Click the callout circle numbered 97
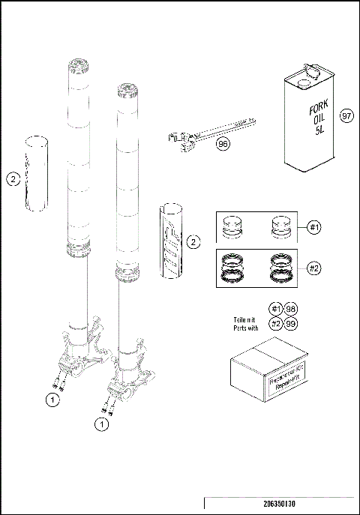pos(345,117)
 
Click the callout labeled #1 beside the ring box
pos(316,227)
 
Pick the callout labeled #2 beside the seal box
pos(316,267)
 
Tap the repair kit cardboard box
pos(267,372)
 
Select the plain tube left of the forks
pos(37,174)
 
